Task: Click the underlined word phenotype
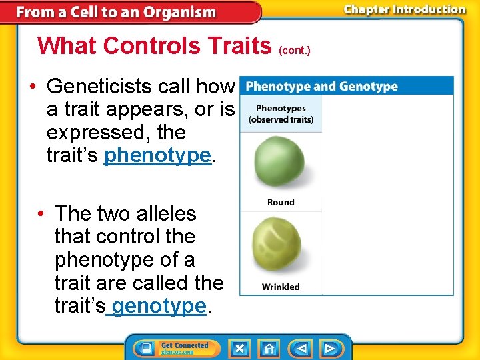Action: coord(157,155)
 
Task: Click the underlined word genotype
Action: coord(159,306)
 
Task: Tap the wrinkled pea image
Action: coord(280,247)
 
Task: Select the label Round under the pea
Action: coord(281,202)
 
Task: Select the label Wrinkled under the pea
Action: coord(281,287)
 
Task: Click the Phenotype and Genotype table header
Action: coord(321,87)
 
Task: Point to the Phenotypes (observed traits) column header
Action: coord(281,113)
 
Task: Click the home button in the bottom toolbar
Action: coord(268,348)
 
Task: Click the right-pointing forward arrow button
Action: coord(329,348)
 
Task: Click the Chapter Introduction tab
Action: coord(404,9)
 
